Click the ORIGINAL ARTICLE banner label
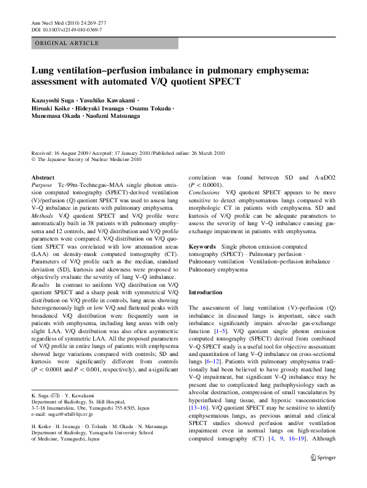67,43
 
